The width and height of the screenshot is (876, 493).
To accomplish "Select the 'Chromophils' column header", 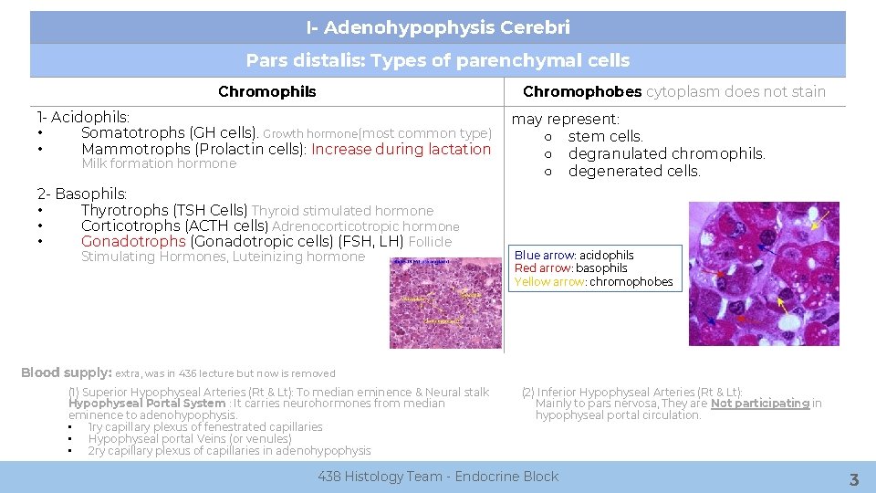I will [266, 91].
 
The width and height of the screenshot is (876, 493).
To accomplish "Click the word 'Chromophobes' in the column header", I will [581, 91].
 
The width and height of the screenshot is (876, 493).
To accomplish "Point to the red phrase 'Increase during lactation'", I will [401, 149].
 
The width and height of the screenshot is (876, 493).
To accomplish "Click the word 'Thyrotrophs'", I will [119, 211].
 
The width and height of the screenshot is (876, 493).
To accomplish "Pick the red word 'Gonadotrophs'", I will [133, 242].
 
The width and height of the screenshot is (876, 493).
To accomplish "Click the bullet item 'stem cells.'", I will [605, 137].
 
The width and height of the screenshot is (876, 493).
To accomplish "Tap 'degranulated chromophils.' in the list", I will [666, 153].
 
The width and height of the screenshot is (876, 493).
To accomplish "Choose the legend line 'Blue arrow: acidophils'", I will [574, 256].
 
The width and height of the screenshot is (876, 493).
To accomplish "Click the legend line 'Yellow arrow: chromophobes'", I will [593, 282].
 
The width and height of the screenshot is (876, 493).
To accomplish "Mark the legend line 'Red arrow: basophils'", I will [571, 268].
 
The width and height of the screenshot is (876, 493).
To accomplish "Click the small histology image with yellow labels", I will [445, 303].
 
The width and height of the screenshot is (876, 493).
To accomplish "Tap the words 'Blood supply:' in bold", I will [66, 372].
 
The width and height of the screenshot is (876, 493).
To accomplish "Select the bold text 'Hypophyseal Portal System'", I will [147, 404].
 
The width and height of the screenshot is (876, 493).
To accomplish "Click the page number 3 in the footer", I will [853, 479].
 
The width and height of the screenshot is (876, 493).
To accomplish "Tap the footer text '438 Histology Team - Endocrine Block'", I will [438, 477].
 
